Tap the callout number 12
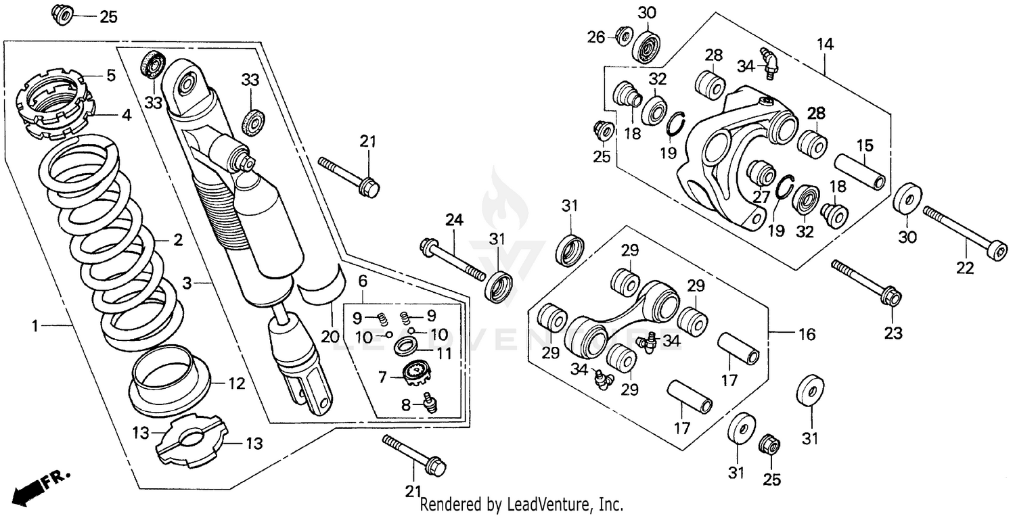235,384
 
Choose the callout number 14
825,45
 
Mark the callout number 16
807,334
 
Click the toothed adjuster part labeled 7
417,371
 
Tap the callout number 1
35,327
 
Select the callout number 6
363,280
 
